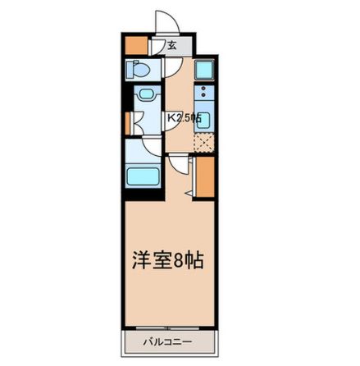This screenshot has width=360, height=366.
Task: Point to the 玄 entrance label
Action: [172, 46]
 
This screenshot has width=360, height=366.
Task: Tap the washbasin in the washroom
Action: [148, 98]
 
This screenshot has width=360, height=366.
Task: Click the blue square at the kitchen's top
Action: [204, 70]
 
